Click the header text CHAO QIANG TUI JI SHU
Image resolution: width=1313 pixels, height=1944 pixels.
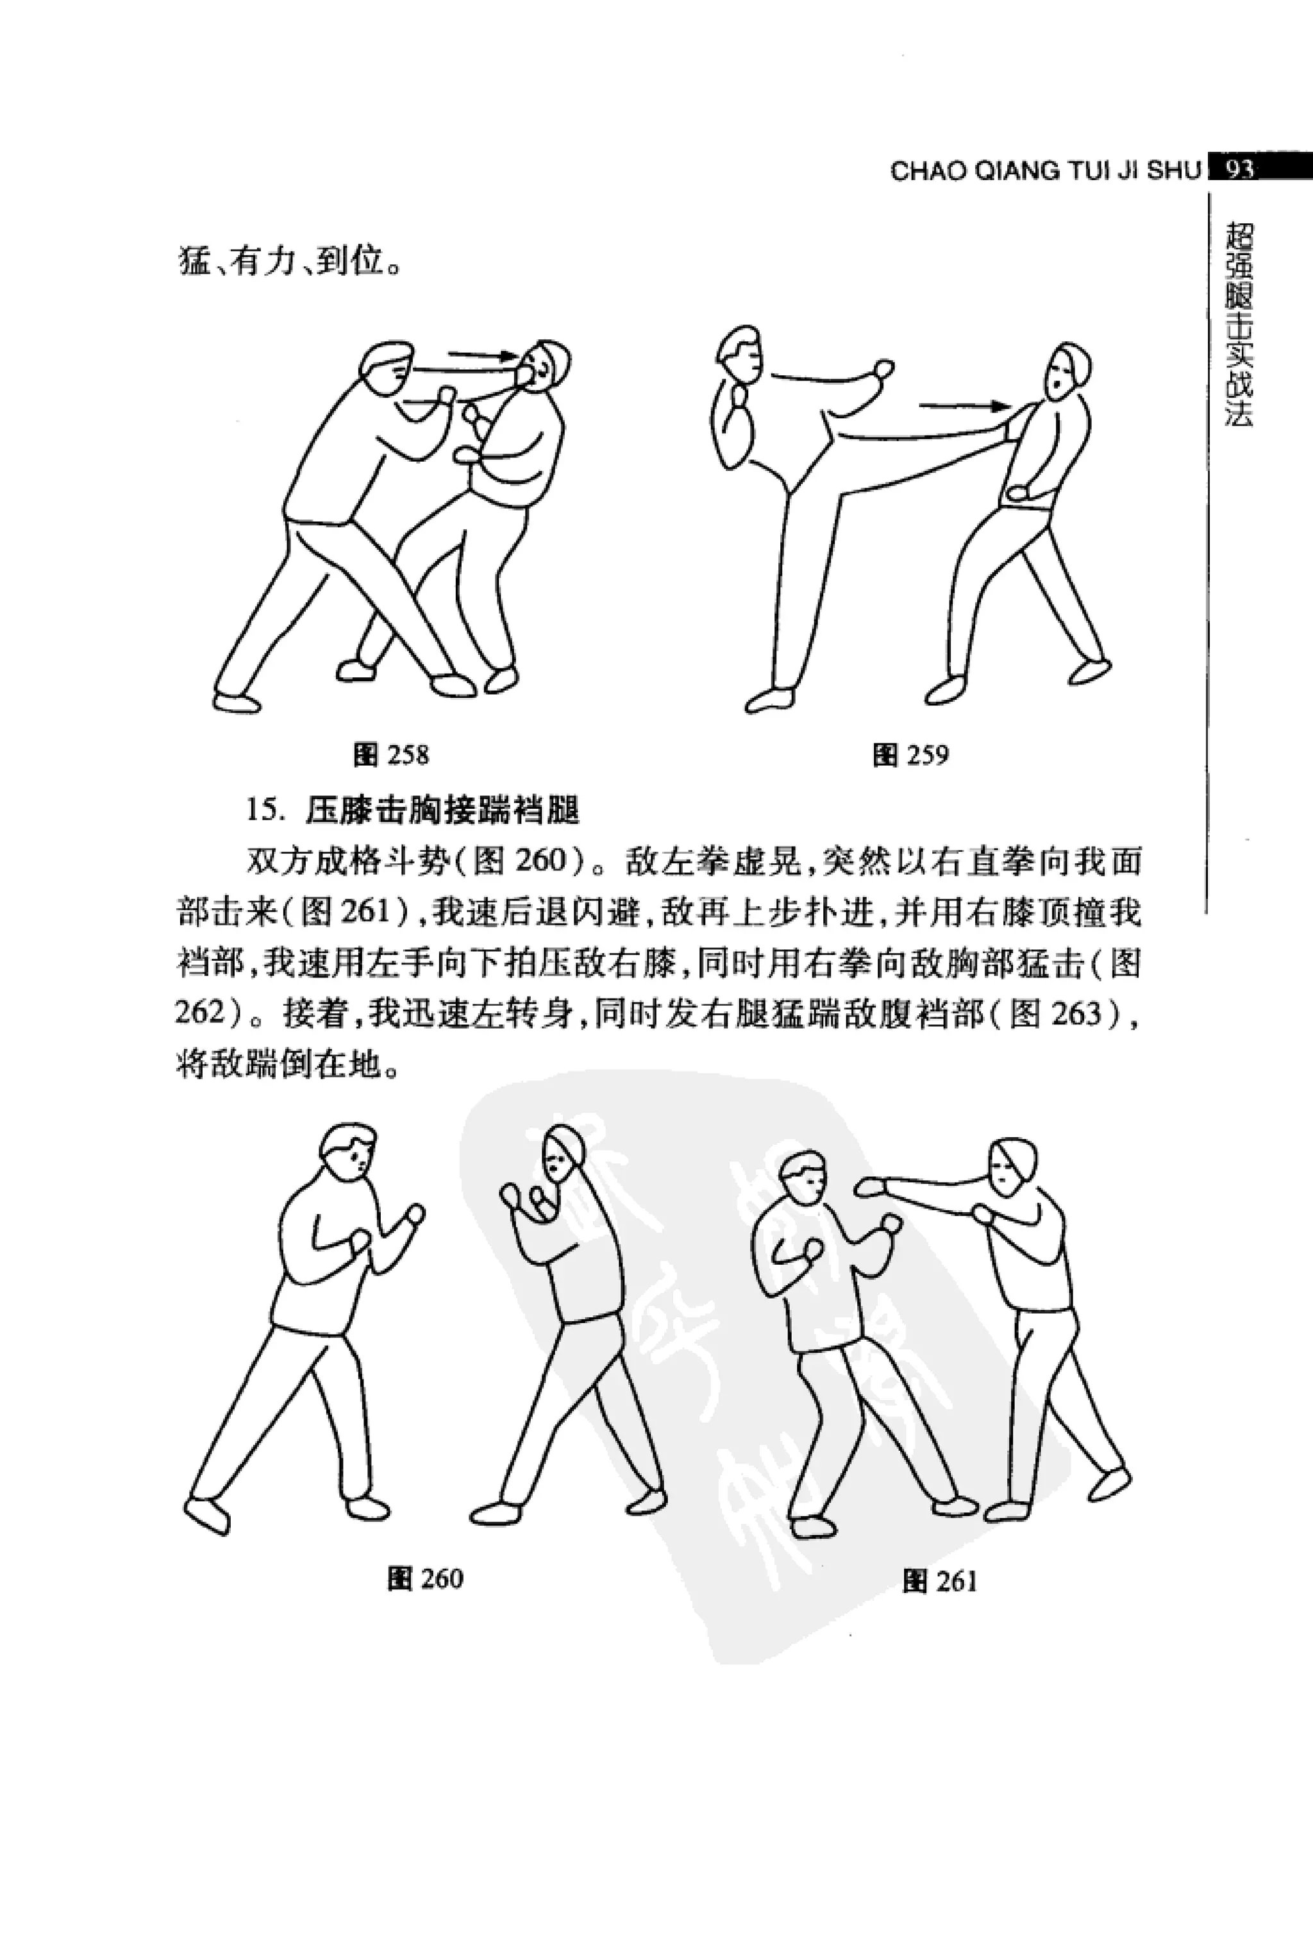[x=1046, y=171]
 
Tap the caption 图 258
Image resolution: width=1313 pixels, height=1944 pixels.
[x=391, y=756]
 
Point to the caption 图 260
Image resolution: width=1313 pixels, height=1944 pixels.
[x=425, y=1578]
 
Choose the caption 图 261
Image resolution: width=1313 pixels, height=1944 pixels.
[x=940, y=1581]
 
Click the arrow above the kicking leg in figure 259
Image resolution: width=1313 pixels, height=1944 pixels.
[x=962, y=407]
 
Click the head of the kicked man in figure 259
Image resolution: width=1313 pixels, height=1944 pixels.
[x=1068, y=371]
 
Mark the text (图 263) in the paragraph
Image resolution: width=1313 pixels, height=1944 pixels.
[x=1069, y=1015]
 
